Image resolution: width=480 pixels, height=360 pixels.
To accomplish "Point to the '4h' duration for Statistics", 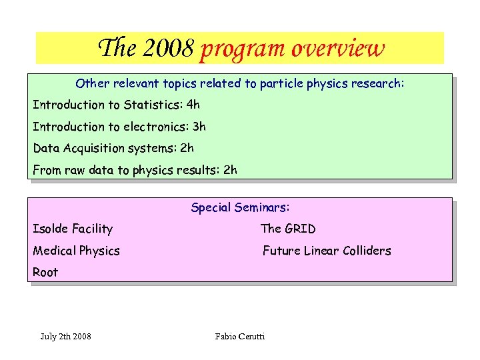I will pyautogui.click(x=193, y=105).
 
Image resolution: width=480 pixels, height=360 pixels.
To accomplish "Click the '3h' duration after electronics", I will pyautogui.click(x=199, y=127).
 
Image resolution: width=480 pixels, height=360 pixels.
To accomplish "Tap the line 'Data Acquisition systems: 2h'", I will pyautogui.click(x=113, y=148).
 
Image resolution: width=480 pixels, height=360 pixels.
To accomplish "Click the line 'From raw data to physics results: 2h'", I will pyautogui.click(x=135, y=170).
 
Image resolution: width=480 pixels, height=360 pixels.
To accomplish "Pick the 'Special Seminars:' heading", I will pyautogui.click(x=240, y=207).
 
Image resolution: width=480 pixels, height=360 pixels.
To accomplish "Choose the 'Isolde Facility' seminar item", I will pyautogui.click(x=73, y=229).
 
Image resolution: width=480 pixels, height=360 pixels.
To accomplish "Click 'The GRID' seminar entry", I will pyautogui.click(x=288, y=229).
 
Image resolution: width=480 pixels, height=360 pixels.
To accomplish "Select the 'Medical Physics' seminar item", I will pyautogui.click(x=76, y=251).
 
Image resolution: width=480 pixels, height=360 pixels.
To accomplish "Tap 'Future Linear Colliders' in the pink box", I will pyautogui.click(x=327, y=251).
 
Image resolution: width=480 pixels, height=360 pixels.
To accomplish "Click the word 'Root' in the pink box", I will pyautogui.click(x=45, y=272).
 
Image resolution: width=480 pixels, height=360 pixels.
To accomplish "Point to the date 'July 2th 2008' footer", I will pyautogui.click(x=65, y=336).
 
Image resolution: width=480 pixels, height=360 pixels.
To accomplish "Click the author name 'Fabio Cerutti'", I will pyautogui.click(x=240, y=336).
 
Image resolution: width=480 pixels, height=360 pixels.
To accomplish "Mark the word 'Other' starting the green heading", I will pyautogui.click(x=91, y=84).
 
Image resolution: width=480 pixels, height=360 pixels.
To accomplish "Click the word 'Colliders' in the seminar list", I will pyautogui.click(x=364, y=251).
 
